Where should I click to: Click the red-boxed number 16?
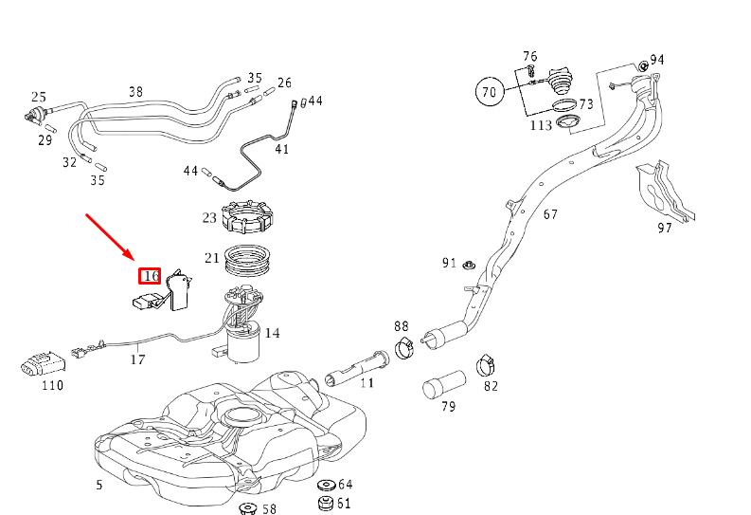tap(150, 276)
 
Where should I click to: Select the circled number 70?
tap(489, 92)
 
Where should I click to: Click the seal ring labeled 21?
tap(248, 259)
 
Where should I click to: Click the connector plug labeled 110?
tap(39, 362)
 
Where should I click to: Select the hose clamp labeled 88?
tap(402, 346)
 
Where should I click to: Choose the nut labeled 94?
tap(641, 65)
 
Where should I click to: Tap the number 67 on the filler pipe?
tap(551, 213)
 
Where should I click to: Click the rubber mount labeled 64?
tap(325, 486)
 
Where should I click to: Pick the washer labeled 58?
tap(247, 510)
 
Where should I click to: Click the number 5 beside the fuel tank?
tap(98, 486)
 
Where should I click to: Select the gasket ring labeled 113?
tap(567, 124)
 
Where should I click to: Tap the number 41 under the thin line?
tap(281, 149)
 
